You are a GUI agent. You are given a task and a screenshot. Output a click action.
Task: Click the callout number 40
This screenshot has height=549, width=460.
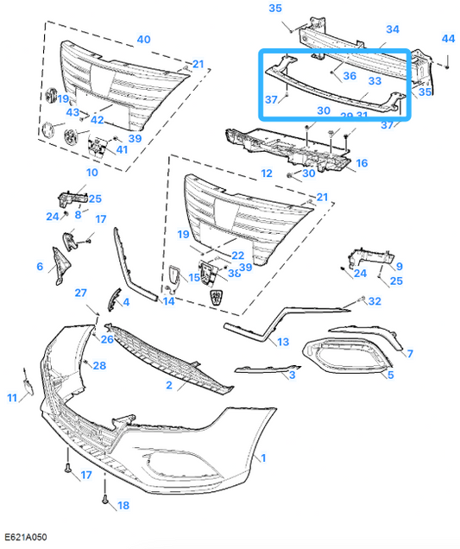tap(143, 39)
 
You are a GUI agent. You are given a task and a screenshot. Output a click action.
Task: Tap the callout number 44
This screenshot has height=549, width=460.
tap(447, 39)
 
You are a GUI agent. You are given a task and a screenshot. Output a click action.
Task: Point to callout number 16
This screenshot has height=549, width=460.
tap(362, 162)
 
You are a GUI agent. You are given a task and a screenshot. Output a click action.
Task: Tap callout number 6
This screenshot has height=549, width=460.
tap(40, 267)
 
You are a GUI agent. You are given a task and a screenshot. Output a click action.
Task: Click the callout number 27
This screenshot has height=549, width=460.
tap(81, 293)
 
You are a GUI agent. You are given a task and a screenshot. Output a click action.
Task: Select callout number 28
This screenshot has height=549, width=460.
tap(99, 366)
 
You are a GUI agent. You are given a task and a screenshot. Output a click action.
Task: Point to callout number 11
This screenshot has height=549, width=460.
tap(11, 398)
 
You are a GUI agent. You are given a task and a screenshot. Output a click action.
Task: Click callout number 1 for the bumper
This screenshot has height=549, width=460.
tap(263, 457)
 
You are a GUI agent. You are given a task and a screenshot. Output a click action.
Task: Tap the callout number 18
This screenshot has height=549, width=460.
tap(123, 505)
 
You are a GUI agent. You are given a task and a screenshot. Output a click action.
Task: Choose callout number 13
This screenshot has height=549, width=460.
tap(283, 343)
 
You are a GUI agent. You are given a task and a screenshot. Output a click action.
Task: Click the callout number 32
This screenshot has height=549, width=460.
tap(374, 301)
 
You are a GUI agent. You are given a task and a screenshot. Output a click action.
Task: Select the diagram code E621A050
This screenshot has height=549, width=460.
tap(25, 538)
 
